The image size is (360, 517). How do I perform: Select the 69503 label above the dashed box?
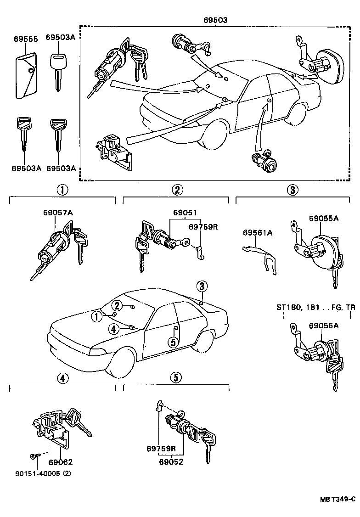(x=215, y=20)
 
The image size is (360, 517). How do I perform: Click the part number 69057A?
(x=58, y=213)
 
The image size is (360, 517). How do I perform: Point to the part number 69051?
(x=185, y=213)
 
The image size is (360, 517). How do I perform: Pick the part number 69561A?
(x=258, y=233)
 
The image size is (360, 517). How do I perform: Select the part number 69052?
(x=171, y=462)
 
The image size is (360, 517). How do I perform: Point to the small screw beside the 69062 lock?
(x=34, y=455)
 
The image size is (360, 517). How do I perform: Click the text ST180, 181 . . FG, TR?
(x=315, y=307)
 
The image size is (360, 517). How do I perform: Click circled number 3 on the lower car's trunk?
(x=202, y=286)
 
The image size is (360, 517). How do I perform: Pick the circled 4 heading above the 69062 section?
(x=62, y=378)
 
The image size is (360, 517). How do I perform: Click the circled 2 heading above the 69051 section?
(x=177, y=189)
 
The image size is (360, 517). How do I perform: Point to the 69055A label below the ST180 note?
(x=323, y=326)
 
